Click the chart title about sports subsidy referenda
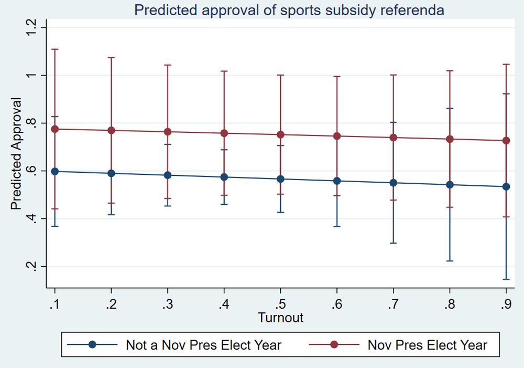(x=289, y=10)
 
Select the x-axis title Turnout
(x=280, y=318)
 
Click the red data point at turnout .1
(x=55, y=129)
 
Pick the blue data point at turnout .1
(x=55, y=171)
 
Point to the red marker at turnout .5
(x=280, y=134)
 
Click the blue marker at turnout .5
(x=280, y=179)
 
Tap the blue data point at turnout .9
(x=506, y=186)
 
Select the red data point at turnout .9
(x=506, y=141)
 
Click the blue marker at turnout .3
(x=168, y=175)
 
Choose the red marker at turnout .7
(x=393, y=138)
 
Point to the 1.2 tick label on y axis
(x=30, y=28)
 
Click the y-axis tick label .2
(x=30, y=266)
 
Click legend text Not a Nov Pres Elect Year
(x=203, y=345)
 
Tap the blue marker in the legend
(x=92, y=345)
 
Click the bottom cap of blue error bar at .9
(x=506, y=279)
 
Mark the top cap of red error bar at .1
(x=55, y=49)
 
